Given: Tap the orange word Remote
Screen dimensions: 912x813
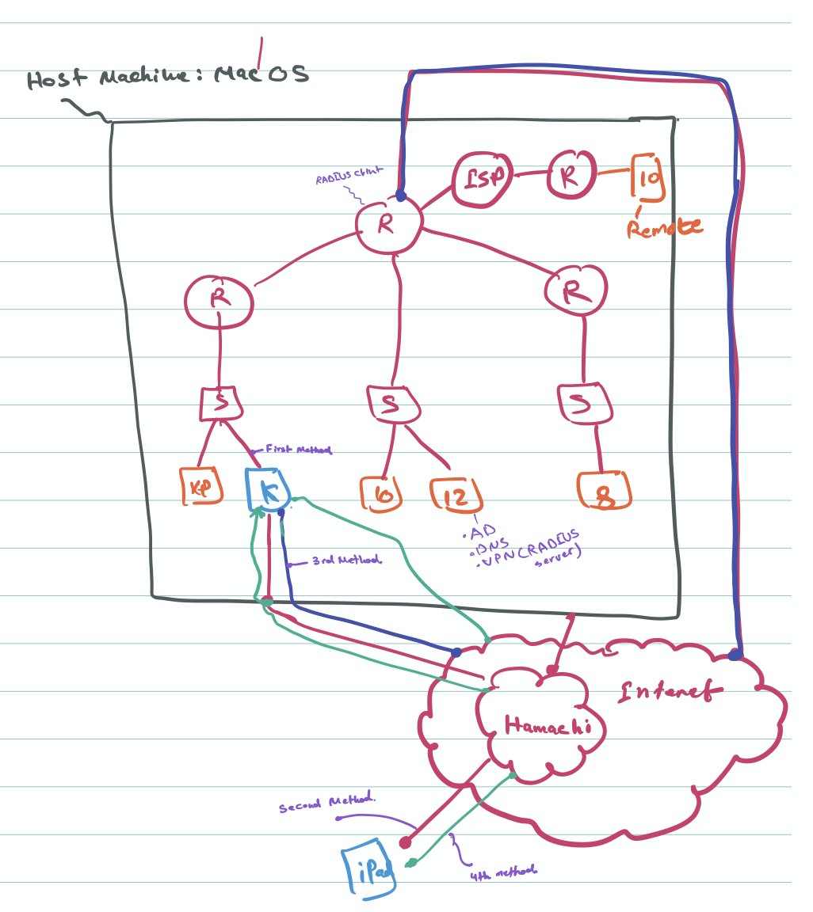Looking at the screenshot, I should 664,228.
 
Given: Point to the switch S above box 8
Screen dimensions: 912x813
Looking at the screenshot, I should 584,404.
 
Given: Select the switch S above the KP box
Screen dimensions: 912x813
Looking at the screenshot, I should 220,404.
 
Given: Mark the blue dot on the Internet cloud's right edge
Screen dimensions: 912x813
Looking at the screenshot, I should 735,654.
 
